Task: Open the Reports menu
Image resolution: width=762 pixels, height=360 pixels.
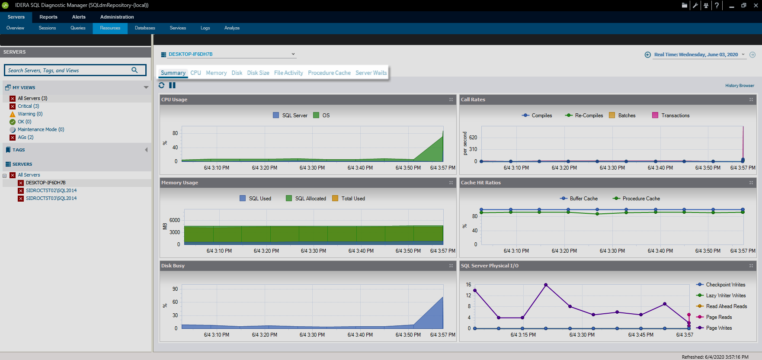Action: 48,17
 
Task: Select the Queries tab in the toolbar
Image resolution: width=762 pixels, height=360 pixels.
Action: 78,28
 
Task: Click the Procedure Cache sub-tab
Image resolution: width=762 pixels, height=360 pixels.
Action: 329,73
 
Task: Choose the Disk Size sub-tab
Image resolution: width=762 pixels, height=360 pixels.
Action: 258,73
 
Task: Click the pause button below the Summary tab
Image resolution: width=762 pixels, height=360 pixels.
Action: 172,85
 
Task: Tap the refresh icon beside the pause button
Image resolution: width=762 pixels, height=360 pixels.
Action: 162,85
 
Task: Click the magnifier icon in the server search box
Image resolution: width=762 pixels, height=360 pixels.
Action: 134,70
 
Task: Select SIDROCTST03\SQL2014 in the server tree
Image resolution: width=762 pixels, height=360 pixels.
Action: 51,198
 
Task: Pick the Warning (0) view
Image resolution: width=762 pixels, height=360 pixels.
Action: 30,114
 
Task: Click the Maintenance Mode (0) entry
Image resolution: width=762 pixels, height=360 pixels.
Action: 41,129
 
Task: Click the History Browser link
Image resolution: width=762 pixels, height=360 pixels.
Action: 740,86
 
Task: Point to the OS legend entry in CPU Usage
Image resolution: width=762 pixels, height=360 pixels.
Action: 326,116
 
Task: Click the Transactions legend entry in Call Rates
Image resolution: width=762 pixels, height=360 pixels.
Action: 675,116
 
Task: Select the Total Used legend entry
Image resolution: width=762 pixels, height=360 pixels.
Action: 353,199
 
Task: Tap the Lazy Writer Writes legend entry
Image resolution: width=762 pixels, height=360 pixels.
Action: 726,296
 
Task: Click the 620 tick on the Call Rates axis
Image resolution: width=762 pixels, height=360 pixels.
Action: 473,138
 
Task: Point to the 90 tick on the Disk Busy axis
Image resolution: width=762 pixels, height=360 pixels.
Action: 175,289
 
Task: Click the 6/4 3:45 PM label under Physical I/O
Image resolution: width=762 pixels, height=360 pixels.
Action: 640,335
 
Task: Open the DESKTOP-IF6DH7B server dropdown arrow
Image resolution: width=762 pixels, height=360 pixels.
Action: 293,54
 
